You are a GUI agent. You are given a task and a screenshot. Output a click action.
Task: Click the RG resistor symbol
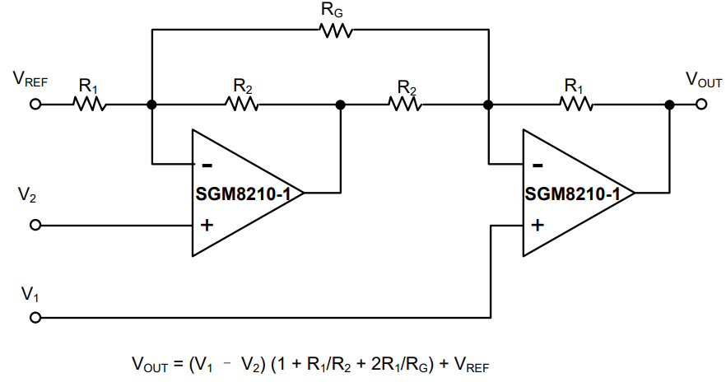coord(336,31)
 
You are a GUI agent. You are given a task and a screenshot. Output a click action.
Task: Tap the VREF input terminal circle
coord(35,105)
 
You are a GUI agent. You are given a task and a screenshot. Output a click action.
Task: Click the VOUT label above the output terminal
coord(704,80)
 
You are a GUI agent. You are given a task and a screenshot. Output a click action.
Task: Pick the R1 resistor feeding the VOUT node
coord(575,105)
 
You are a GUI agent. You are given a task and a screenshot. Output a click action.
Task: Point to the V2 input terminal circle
coord(35,225)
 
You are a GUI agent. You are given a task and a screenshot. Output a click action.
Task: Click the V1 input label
coord(30,293)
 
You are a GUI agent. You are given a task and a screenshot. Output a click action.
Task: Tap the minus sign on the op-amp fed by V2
coord(207,163)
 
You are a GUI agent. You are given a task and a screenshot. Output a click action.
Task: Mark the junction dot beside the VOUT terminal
coord(669,105)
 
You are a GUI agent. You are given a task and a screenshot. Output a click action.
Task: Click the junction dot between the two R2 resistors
coord(340,105)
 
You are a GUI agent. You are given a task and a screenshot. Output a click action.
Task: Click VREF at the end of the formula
coord(472,365)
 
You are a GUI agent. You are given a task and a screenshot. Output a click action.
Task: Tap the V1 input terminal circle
coord(35,317)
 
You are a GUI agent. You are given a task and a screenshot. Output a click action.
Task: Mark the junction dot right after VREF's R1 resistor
coord(151,105)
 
